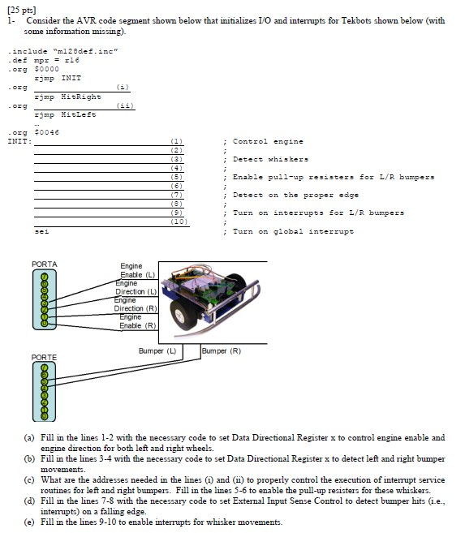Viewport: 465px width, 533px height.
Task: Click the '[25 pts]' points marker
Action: [x=17, y=7]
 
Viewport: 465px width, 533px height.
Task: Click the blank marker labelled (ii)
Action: [x=123, y=106]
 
